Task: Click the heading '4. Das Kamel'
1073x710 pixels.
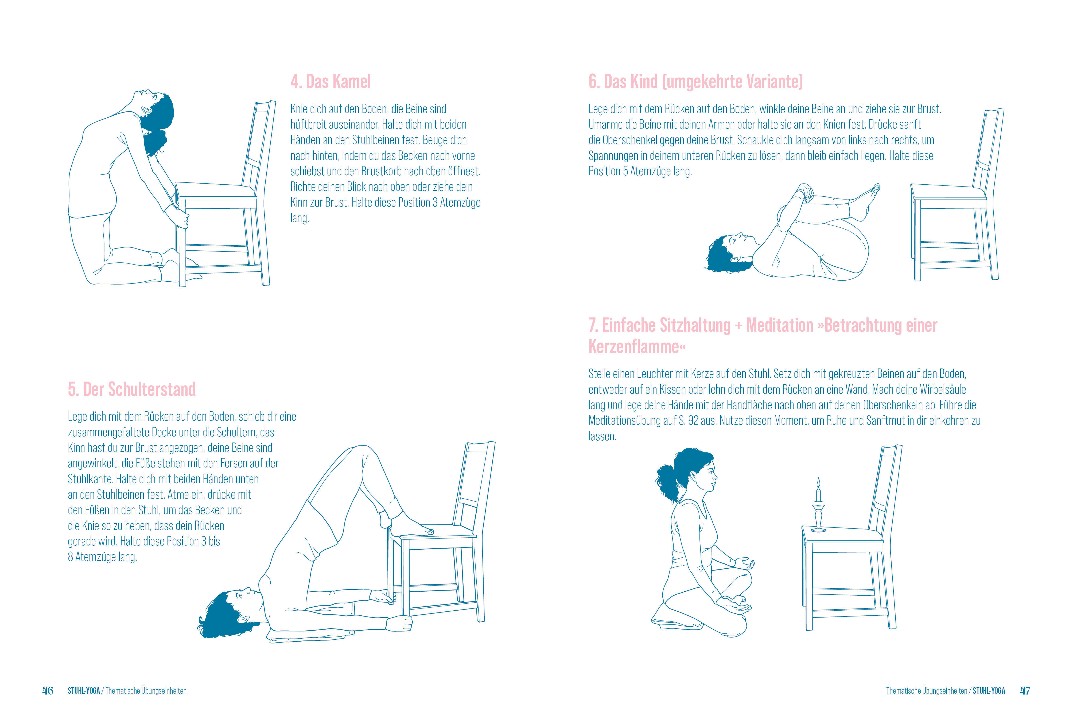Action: click(x=331, y=82)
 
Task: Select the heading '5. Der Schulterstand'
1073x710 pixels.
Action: click(x=132, y=389)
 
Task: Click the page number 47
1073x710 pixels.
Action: click(x=1025, y=690)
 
